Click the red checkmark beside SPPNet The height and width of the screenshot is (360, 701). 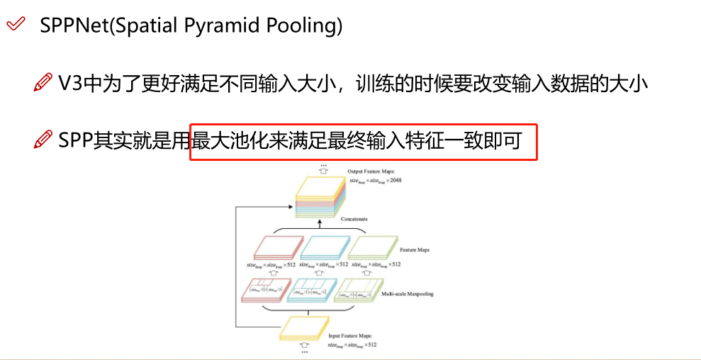coord(16,26)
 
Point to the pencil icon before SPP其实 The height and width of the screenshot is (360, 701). coord(43,141)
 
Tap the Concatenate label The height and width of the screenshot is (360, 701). coord(354,220)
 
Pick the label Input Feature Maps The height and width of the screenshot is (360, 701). coord(349,336)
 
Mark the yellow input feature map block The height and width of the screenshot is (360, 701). coord(305,327)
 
